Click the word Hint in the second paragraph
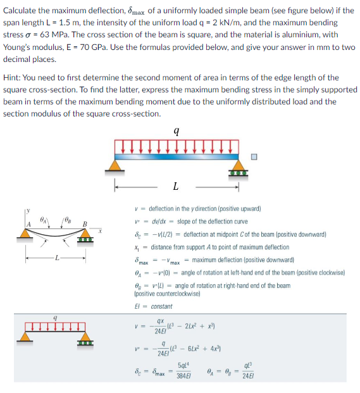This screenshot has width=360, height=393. pyautogui.click(x=13, y=78)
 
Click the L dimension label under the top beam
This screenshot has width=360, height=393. pyautogui.click(x=175, y=186)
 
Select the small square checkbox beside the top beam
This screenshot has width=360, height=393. pyautogui.click(x=254, y=158)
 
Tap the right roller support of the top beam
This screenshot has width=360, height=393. pyautogui.click(x=237, y=166)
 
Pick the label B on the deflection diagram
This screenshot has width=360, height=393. pyautogui.click(x=84, y=224)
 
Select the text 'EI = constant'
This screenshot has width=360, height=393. pyautogui.click(x=154, y=307)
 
